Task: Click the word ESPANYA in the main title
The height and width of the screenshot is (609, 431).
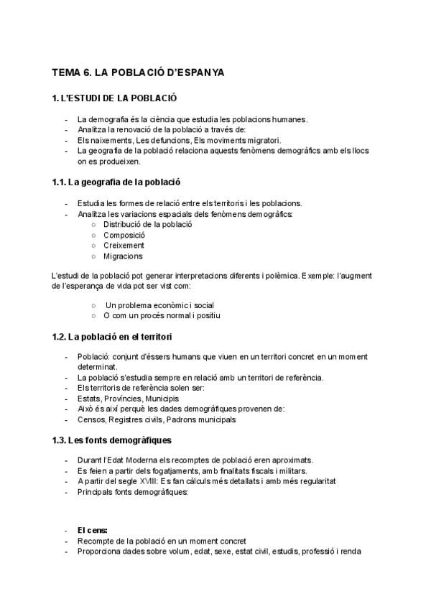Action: click(x=186, y=73)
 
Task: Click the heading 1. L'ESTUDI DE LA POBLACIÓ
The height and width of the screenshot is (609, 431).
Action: click(x=114, y=98)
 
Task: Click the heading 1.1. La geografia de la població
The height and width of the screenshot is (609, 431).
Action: click(x=116, y=182)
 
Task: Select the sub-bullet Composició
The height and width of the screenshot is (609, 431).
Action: click(x=124, y=235)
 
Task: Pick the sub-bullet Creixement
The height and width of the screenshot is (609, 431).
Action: click(x=124, y=246)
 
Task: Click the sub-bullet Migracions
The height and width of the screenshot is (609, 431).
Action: click(x=123, y=256)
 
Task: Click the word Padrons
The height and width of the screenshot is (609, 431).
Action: click(x=180, y=419)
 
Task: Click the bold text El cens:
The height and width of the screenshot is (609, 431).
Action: click(x=93, y=531)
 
